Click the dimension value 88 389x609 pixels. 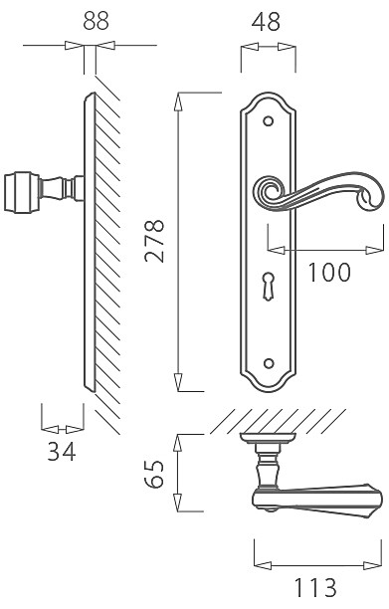pos(96,21)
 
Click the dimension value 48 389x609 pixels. pos(266,22)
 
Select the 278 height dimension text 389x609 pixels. pos(154,241)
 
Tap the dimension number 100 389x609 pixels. pos(329,272)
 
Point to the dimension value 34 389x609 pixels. pos(62,452)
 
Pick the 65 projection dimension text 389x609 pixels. pos(154,474)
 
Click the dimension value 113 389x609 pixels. pos(315,587)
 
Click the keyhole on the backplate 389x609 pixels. pos(268,286)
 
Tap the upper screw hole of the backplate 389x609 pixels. pos(268,120)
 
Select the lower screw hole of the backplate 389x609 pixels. pos(268,363)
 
